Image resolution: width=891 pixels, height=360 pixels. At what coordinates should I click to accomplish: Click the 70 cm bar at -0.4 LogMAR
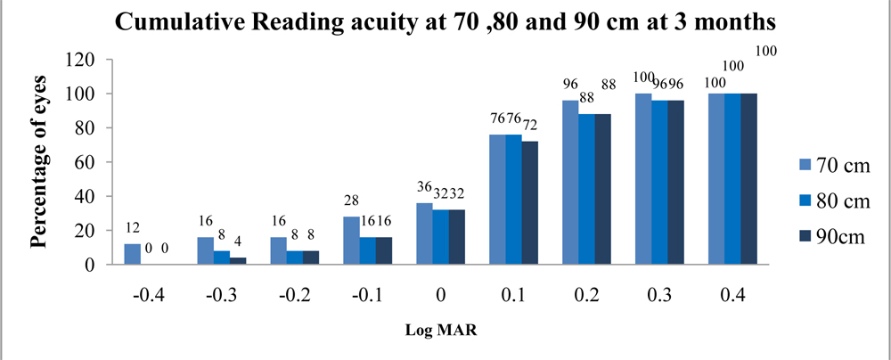click(x=133, y=254)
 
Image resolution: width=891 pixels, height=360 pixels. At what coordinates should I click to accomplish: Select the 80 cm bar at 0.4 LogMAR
click(x=733, y=179)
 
